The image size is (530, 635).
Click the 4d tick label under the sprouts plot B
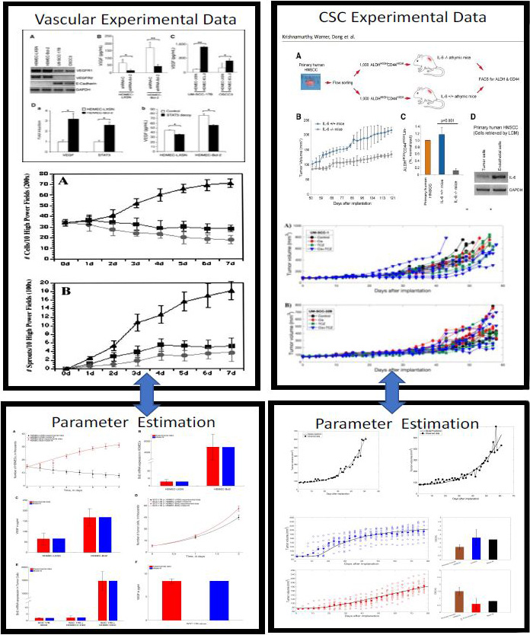161,375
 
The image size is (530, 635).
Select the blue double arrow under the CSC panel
393,396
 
